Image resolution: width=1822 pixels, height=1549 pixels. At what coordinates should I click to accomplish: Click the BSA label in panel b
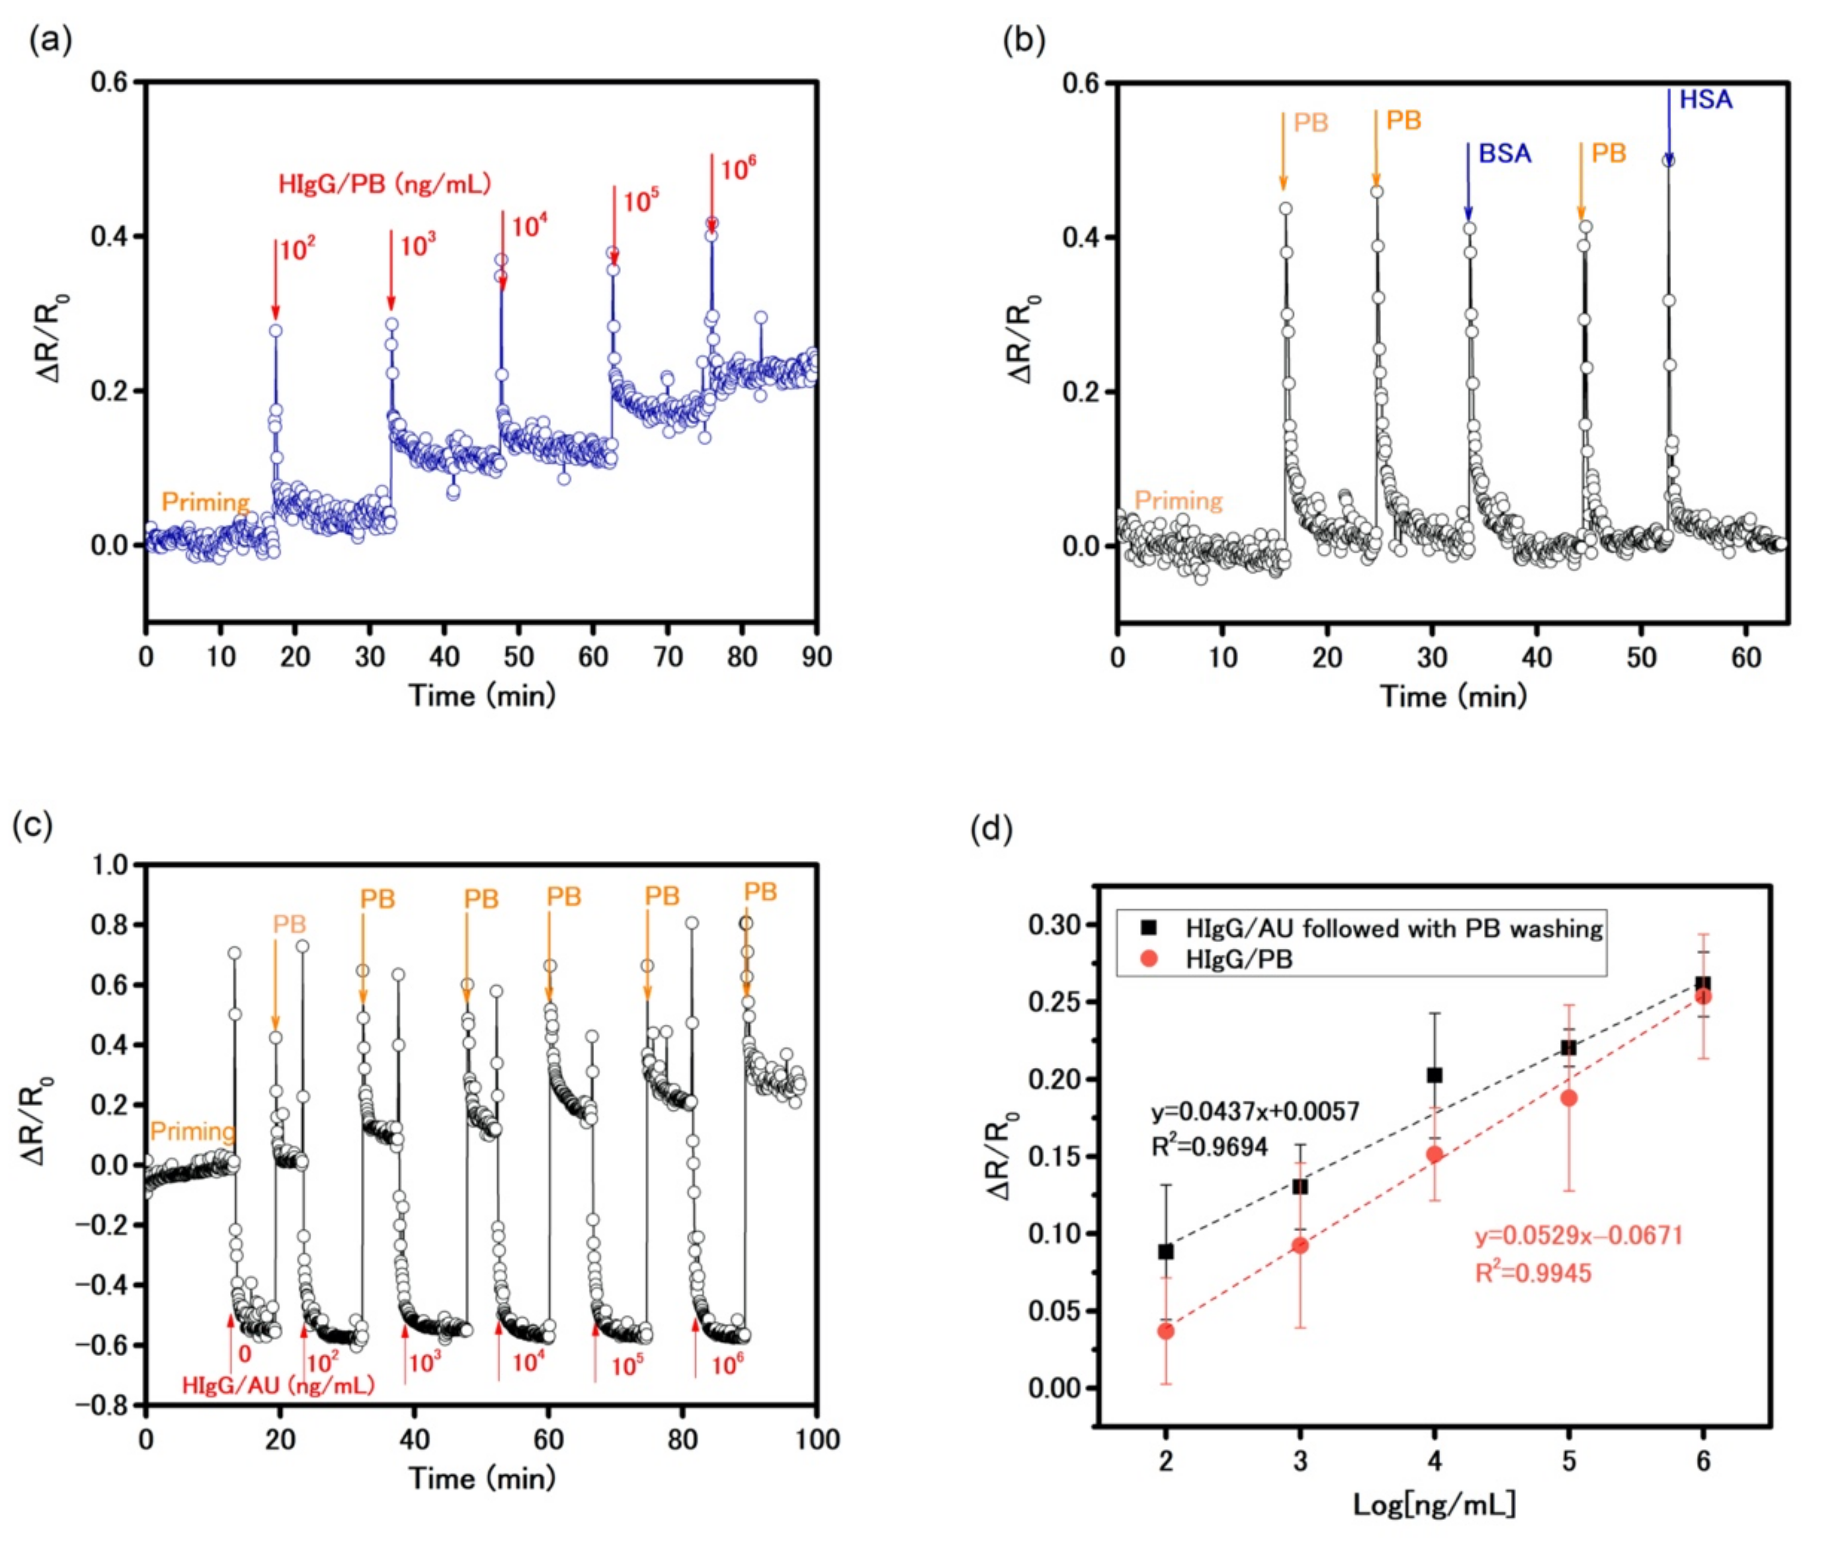pyautogui.click(x=1504, y=153)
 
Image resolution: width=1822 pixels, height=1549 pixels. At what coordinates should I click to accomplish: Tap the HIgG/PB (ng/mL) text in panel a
pyautogui.click(x=384, y=185)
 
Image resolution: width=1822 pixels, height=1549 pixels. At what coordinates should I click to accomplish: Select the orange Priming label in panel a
pyautogui.click(x=205, y=502)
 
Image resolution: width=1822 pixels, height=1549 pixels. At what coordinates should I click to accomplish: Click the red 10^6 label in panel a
pyautogui.click(x=737, y=169)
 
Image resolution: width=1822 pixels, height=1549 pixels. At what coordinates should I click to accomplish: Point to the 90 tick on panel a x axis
pyautogui.click(x=817, y=657)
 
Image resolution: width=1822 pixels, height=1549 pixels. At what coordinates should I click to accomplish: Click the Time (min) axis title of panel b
pyautogui.click(x=1453, y=696)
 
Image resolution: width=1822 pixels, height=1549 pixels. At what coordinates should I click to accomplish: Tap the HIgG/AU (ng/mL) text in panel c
pyautogui.click(x=277, y=1386)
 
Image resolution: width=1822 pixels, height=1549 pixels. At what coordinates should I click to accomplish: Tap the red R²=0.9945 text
pyautogui.click(x=1532, y=1273)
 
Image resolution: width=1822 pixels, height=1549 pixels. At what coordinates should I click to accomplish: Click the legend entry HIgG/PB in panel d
pyautogui.click(x=1238, y=959)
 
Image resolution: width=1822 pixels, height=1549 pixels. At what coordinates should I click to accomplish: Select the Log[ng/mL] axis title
pyautogui.click(x=1434, y=1504)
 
